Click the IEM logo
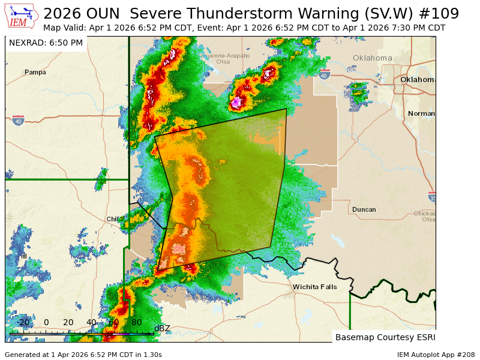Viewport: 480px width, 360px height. [x=22, y=17]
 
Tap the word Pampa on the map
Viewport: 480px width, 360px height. [x=35, y=72]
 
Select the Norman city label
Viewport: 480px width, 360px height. [x=421, y=113]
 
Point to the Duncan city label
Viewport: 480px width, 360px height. [x=364, y=209]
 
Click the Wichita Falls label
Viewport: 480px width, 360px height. [x=314, y=287]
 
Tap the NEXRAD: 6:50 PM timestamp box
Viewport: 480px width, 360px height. [x=46, y=43]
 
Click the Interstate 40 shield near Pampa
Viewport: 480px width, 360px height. [x=18, y=120]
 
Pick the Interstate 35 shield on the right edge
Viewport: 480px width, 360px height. [x=432, y=197]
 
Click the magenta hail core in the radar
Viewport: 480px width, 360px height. [x=237, y=101]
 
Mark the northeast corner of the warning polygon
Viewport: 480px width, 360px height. [x=286, y=109]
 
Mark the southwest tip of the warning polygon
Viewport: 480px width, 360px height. [x=157, y=271]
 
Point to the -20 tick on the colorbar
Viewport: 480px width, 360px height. [x=23, y=322]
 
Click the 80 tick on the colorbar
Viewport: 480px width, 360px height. [x=136, y=322]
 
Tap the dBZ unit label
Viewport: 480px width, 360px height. [x=162, y=328]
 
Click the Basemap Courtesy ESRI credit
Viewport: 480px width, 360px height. [x=385, y=337]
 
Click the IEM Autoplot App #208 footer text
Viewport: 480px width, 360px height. [x=436, y=355]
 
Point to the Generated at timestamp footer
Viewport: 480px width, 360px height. [x=83, y=355]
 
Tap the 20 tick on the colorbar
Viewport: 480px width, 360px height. [x=68, y=322]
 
